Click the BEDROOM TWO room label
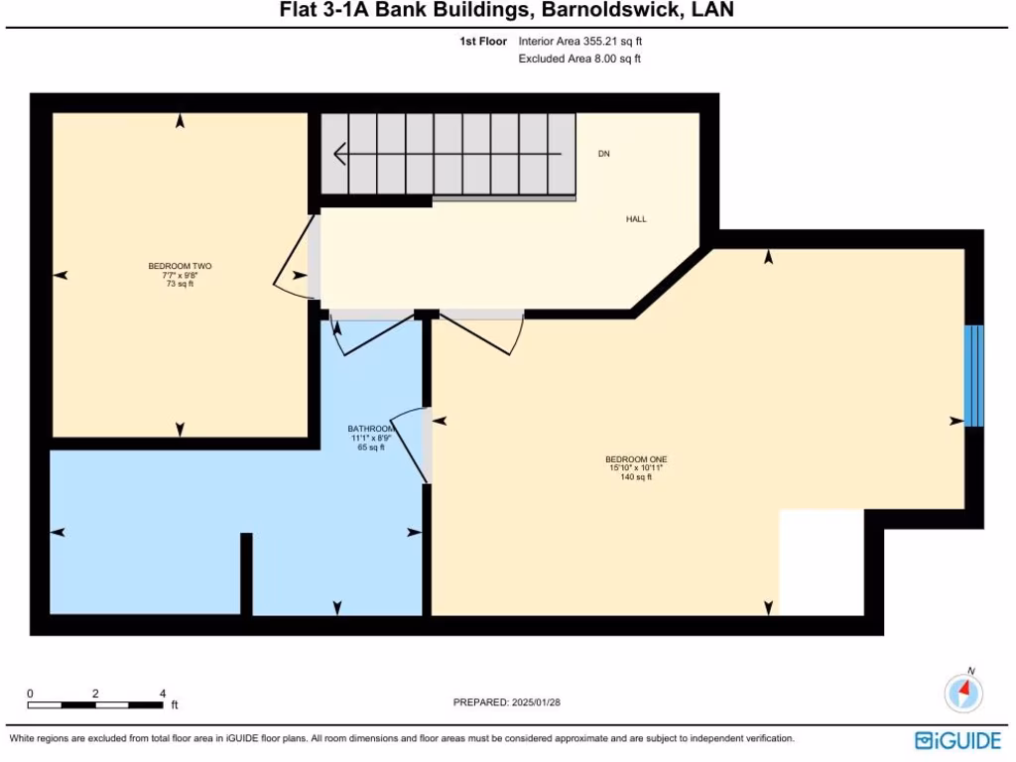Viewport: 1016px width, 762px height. point(180,266)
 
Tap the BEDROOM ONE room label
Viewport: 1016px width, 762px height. point(636,459)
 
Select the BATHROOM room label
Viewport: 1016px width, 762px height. point(371,429)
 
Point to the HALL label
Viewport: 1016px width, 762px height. point(636,219)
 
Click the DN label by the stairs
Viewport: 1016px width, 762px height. point(603,155)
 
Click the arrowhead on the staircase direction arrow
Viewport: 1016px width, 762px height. point(339,155)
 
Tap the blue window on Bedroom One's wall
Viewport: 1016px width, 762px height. point(974,375)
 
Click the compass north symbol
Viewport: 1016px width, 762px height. point(963,692)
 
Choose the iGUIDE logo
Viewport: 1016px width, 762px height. point(957,740)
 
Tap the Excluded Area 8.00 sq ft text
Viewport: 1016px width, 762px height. point(579,60)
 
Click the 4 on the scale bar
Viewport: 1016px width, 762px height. point(162,694)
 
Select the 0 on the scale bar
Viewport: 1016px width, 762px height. point(30,694)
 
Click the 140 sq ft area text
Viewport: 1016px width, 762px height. point(636,477)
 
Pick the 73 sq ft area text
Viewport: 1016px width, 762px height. point(180,284)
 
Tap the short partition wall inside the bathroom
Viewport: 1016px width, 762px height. point(246,573)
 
